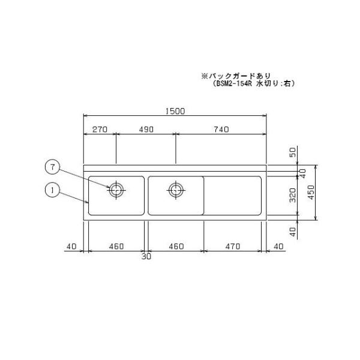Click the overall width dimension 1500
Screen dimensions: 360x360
tap(176, 110)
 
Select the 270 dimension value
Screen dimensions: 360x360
tap(100, 129)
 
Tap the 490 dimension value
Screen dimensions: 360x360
tap(146, 129)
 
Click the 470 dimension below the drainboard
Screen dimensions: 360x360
tap(231, 247)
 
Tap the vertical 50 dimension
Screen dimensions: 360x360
tap(293, 154)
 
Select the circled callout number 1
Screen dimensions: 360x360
tap(53, 190)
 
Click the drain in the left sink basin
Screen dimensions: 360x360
tap(116, 190)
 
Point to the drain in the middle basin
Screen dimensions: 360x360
tap(175, 190)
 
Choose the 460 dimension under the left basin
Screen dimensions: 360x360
tap(116, 247)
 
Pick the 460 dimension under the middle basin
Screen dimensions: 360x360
tap(175, 247)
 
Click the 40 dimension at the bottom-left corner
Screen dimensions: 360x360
tap(72, 247)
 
